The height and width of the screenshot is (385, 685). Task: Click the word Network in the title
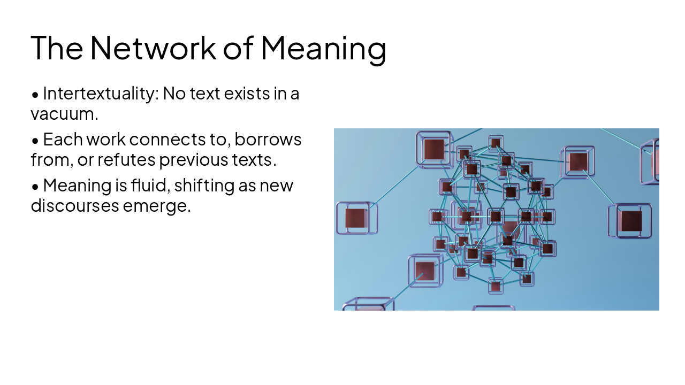click(153, 48)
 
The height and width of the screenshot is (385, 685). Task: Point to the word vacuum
click(65, 114)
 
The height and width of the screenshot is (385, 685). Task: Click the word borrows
click(268, 140)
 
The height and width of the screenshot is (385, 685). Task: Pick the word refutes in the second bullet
click(126, 159)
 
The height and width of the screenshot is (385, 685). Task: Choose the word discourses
click(75, 205)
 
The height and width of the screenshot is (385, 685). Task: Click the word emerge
click(157, 207)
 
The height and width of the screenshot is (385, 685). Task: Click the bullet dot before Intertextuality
click(35, 95)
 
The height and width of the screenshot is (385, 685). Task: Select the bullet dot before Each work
click(35, 141)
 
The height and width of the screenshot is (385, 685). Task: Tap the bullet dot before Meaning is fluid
click(35, 187)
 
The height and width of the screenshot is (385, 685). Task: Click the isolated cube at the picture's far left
click(356, 218)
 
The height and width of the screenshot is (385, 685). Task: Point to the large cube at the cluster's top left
click(434, 149)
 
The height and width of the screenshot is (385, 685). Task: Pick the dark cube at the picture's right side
click(630, 221)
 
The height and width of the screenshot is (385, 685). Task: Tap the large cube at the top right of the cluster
click(578, 162)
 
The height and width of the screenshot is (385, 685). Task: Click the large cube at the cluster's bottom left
click(425, 271)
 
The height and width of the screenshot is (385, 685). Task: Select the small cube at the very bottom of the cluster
click(496, 286)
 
